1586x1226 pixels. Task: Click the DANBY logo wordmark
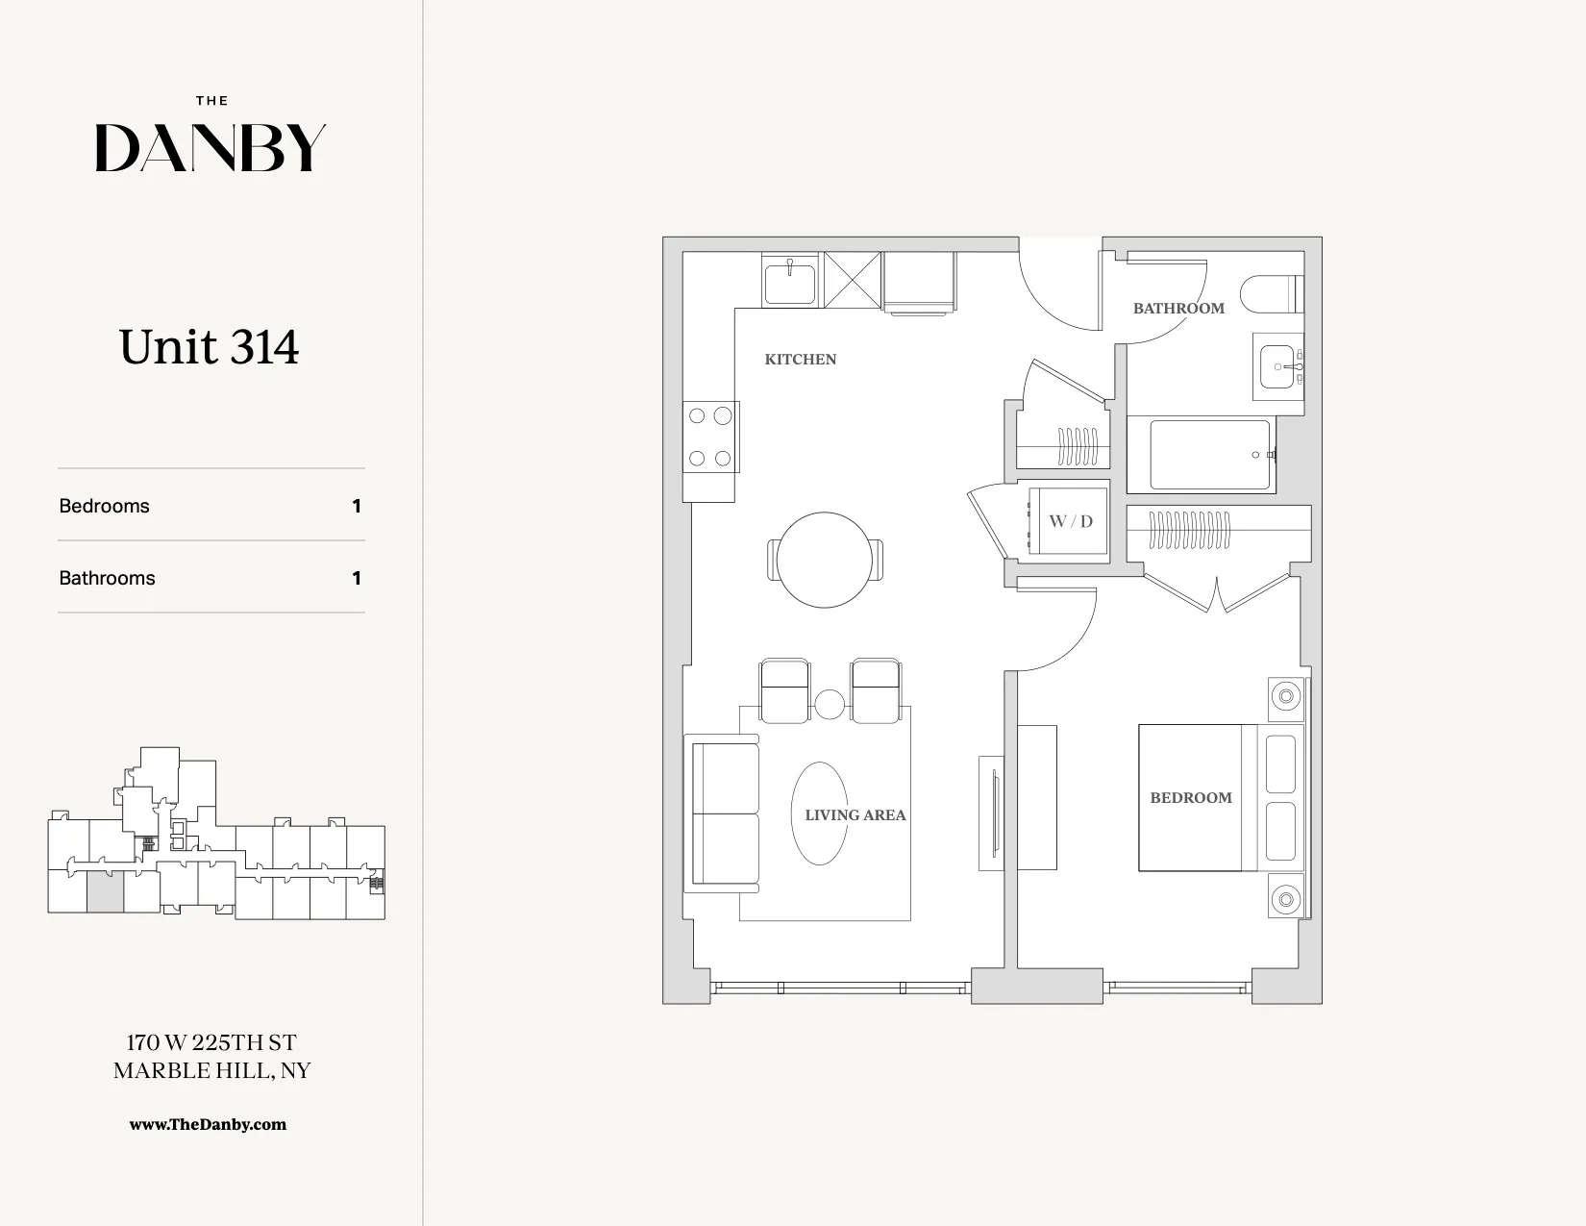[x=211, y=148]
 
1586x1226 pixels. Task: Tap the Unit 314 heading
[x=210, y=347]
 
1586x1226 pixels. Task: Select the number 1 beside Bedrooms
[x=357, y=506]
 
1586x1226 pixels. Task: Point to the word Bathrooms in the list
[x=107, y=578]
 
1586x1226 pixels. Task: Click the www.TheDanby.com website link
[x=208, y=1124]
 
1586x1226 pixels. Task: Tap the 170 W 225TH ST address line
[x=211, y=1042]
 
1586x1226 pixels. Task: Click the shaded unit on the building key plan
[x=105, y=892]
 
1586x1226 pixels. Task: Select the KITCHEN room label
[x=800, y=360]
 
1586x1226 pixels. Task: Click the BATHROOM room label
[x=1178, y=309]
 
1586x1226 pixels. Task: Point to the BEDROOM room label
[x=1191, y=798]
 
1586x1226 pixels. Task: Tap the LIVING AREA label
[x=855, y=815]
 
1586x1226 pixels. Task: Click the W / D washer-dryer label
[x=1071, y=521]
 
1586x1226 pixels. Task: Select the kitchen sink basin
[x=790, y=283]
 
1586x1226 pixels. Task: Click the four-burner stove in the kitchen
[x=710, y=438]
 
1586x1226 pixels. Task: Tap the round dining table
[x=824, y=560]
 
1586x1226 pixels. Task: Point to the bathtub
[x=1210, y=455]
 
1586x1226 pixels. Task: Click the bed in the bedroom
[x=1216, y=798]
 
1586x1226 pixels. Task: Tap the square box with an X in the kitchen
[x=853, y=280]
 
